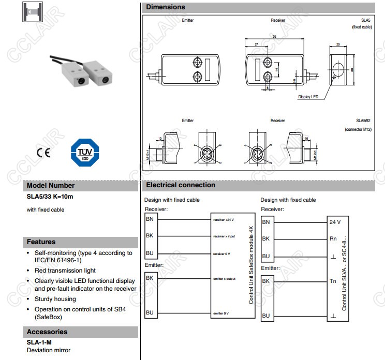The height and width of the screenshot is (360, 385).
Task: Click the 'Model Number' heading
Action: click(x=51, y=185)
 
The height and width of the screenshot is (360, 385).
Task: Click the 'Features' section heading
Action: click(x=41, y=242)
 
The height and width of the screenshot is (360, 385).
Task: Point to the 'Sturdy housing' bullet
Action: click(x=55, y=299)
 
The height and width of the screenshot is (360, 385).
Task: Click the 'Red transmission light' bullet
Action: click(x=65, y=270)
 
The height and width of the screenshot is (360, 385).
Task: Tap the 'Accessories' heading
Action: click(x=47, y=332)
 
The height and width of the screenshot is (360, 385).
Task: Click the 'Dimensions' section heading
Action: click(x=166, y=7)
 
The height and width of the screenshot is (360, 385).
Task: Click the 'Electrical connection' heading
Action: click(x=181, y=185)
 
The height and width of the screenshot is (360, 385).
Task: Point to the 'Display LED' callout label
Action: click(x=308, y=97)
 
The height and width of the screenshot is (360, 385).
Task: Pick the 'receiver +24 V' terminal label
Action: click(x=224, y=219)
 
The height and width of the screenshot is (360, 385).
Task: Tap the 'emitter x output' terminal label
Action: click(x=224, y=279)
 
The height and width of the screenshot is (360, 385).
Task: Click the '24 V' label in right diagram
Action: click(x=335, y=222)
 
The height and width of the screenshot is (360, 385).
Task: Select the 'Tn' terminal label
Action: click(x=333, y=281)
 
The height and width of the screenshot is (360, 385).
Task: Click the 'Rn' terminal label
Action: click(x=333, y=239)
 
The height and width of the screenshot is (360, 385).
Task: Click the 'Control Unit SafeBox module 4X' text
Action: click(x=251, y=264)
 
